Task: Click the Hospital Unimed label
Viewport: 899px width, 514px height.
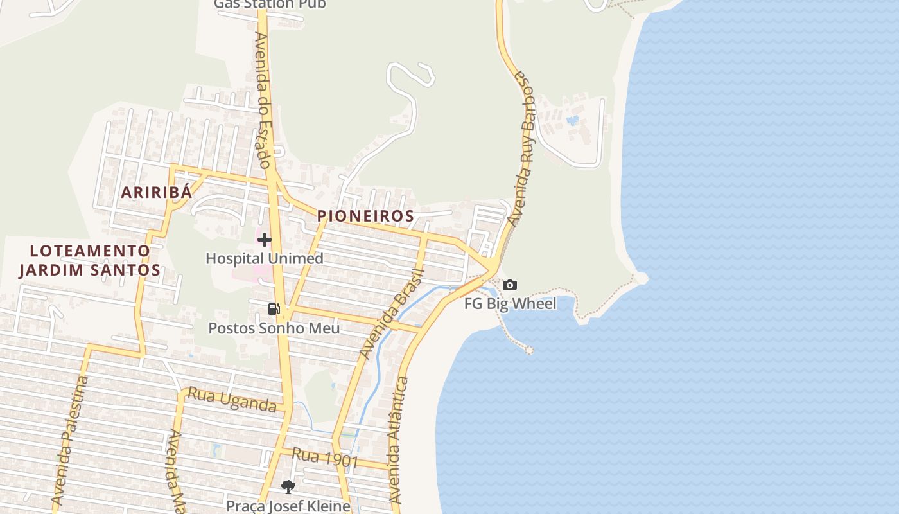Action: pos(264,258)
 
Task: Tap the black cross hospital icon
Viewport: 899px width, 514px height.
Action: pos(264,240)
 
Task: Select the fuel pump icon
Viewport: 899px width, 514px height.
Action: pos(274,309)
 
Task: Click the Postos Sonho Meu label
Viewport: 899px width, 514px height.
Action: pos(274,328)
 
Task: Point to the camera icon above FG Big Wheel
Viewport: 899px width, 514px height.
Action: pos(510,285)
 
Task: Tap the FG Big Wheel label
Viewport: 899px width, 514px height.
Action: pos(510,303)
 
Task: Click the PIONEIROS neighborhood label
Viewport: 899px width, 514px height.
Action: pos(365,217)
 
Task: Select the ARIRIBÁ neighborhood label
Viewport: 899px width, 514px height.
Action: pos(157,192)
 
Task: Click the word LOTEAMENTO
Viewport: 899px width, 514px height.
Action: pos(91,251)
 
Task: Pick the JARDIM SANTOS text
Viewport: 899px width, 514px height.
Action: pos(89,270)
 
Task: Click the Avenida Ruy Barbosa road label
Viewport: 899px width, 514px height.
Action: pos(521,148)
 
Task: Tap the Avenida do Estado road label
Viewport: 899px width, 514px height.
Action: pos(263,100)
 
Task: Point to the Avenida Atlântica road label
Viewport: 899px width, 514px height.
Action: pos(399,440)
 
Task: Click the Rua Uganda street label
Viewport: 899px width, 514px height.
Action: pos(231,400)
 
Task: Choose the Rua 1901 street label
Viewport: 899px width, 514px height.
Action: pos(325,457)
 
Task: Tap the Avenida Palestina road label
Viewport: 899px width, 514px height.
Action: pos(70,440)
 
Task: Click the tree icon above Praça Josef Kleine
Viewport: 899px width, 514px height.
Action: pos(288,487)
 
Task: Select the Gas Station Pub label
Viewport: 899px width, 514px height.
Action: pos(270,4)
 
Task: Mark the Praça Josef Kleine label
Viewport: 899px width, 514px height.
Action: pos(288,506)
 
